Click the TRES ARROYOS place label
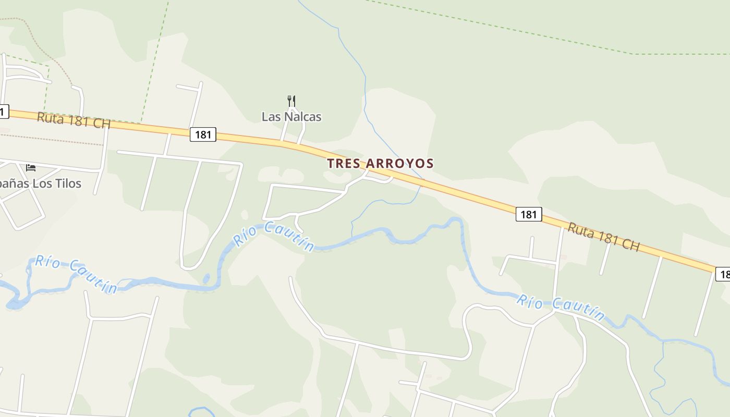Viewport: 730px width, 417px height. pos(380,163)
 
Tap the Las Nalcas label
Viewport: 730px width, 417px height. pos(291,117)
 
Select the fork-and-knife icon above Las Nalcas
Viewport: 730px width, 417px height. pos(291,101)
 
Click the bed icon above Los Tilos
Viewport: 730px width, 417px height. pos(31,167)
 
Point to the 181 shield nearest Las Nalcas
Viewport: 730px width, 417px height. pos(202,134)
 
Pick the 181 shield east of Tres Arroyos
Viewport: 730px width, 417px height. pos(529,214)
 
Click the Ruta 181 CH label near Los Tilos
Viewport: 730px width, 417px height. pos(74,120)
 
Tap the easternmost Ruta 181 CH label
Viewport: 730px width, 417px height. pos(603,237)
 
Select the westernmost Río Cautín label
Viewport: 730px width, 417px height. pos(76,274)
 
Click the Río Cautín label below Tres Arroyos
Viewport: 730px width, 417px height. pos(274,236)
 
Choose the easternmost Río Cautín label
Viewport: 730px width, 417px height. pos(561,308)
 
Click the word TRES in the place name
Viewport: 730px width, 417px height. pos(344,163)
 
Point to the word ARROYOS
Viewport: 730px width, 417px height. pos(400,163)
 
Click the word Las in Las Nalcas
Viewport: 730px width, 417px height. pos(271,117)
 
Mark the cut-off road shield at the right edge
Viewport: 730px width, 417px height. pos(723,274)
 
